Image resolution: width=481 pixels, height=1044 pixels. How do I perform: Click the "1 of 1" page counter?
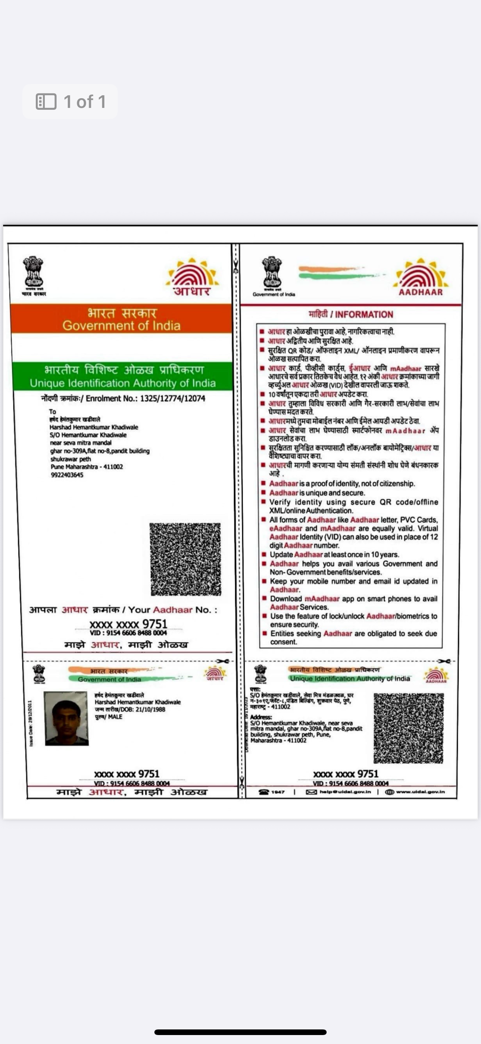[85, 102]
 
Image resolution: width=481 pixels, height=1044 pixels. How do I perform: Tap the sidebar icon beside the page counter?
[46, 102]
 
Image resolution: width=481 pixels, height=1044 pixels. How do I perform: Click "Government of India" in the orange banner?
[122, 326]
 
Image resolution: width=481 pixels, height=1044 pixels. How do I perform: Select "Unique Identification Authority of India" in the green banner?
[122, 383]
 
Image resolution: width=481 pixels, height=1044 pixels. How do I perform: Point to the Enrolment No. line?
[123, 398]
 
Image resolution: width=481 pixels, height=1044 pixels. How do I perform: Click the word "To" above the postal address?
[53, 411]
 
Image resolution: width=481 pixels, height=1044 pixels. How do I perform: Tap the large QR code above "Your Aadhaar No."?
[185, 559]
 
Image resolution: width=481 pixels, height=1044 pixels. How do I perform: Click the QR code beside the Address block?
[408, 728]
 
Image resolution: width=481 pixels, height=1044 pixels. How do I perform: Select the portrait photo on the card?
[66, 718]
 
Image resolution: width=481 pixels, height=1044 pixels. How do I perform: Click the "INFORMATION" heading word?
[364, 314]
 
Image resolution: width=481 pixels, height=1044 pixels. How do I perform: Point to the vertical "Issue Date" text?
[31, 723]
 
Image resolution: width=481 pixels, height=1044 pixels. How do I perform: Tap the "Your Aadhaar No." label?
[173, 610]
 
